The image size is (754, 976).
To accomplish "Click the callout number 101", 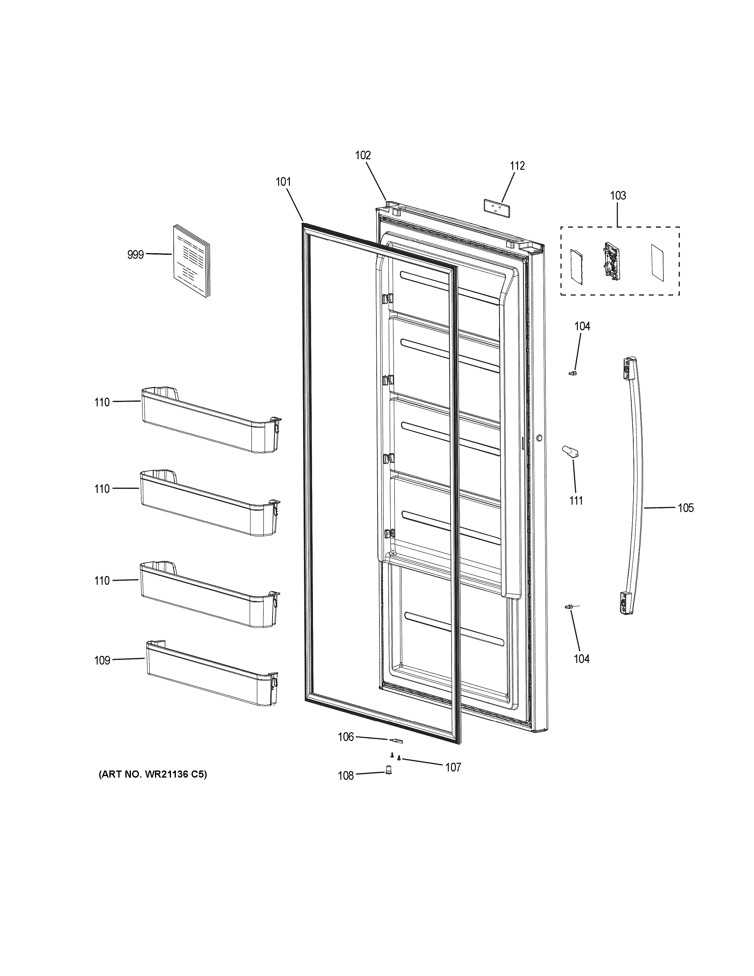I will click(x=283, y=182).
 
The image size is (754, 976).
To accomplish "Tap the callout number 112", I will click(x=517, y=166).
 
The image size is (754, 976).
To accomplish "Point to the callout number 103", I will click(x=618, y=195).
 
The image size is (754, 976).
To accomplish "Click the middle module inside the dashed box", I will click(x=611, y=262).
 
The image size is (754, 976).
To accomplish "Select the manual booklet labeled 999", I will click(x=191, y=261).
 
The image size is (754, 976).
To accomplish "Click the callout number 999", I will click(x=135, y=255).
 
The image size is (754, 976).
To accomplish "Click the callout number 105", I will click(x=686, y=508).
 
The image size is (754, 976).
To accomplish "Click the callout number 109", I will click(x=102, y=661).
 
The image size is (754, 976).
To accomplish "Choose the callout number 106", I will click(x=346, y=737).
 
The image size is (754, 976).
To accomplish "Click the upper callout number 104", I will click(x=582, y=326).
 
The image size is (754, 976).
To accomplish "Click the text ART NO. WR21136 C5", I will click(x=152, y=775).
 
